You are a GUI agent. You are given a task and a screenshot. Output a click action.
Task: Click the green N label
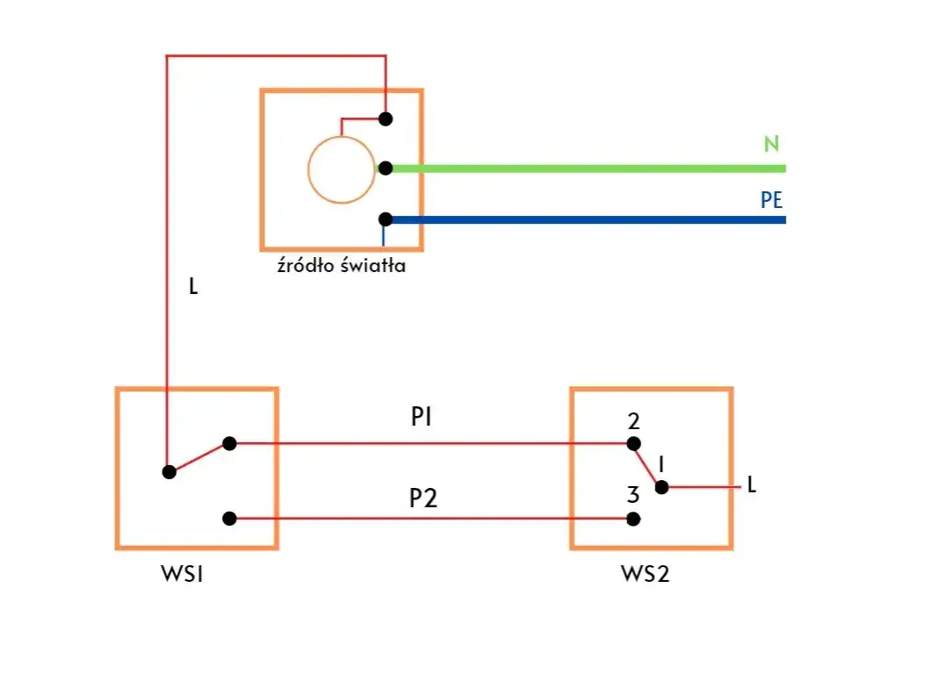(771, 145)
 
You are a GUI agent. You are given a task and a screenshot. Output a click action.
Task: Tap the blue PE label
(771, 200)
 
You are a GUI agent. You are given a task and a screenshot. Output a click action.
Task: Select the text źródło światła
(341, 266)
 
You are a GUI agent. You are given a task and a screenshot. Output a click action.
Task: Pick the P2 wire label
(423, 498)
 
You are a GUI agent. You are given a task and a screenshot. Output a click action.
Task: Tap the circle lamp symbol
(340, 170)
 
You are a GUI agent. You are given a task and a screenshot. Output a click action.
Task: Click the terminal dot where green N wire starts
(385, 168)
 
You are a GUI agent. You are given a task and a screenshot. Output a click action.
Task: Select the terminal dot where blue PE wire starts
(385, 219)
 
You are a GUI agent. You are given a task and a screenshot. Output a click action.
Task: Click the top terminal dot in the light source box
(385, 118)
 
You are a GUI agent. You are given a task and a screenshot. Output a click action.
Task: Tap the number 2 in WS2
(633, 421)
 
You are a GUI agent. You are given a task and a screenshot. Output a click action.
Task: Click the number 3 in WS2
(633, 495)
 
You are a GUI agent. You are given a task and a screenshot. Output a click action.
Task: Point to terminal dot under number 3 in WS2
(633, 519)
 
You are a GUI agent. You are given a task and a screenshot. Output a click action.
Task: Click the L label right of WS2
(751, 484)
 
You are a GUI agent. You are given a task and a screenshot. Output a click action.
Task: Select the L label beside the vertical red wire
(193, 286)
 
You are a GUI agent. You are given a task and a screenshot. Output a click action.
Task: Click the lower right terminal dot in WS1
(229, 519)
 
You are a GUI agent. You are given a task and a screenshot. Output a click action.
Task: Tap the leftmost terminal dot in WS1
(170, 471)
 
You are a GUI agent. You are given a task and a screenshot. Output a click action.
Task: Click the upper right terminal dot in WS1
(229, 443)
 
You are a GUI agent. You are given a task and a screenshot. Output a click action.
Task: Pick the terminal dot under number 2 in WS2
(633, 443)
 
